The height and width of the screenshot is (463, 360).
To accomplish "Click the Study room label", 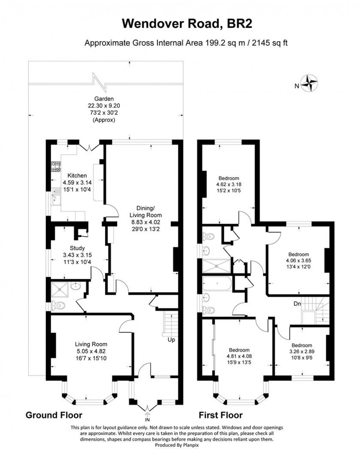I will (77, 248).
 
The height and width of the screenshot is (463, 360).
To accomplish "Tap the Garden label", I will (104, 99).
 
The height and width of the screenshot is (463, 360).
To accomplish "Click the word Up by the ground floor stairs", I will (171, 340).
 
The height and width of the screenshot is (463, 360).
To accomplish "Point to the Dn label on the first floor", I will (297, 304).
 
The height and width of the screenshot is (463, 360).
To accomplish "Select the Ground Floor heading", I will (54, 415).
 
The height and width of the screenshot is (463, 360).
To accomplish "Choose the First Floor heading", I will (220, 415).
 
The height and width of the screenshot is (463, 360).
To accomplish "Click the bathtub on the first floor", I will (217, 283).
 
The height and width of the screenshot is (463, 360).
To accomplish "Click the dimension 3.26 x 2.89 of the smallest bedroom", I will (302, 351).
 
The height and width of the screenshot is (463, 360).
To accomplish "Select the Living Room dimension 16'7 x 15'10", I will (91, 357).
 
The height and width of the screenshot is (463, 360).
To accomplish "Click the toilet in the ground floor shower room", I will (58, 305).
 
